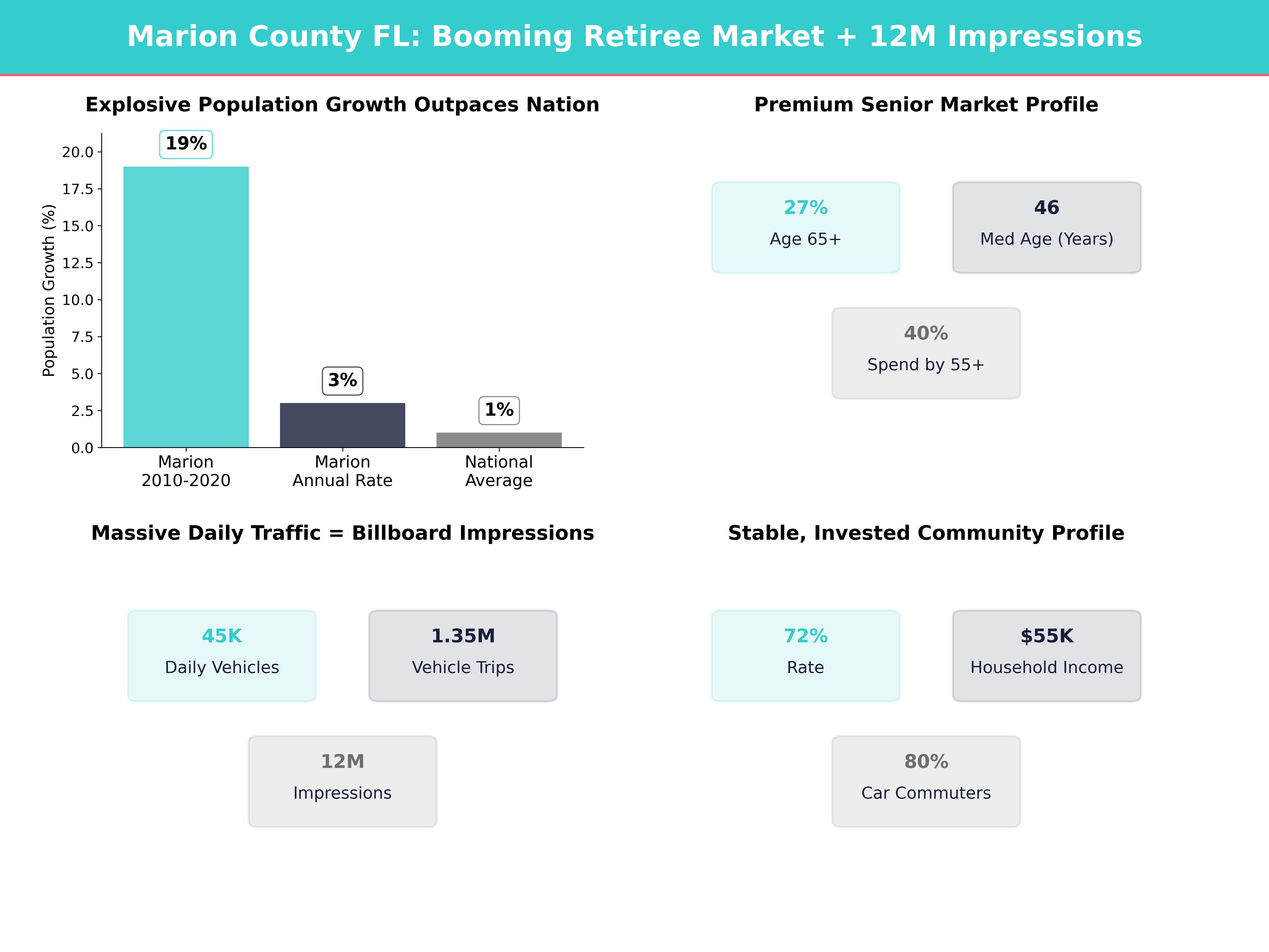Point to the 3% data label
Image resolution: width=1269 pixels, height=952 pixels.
tap(342, 381)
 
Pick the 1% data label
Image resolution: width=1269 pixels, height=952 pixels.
tap(499, 410)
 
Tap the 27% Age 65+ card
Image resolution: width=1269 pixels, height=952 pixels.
tap(806, 227)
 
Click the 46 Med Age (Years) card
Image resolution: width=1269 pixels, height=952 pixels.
tap(1046, 227)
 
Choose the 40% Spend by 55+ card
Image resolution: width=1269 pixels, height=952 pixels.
tap(926, 353)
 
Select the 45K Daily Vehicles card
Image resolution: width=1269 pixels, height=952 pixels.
tap(222, 655)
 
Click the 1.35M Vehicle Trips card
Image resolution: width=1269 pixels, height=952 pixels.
tap(463, 655)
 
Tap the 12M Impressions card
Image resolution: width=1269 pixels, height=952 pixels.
tap(342, 781)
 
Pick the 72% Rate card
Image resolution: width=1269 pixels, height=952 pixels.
tap(806, 655)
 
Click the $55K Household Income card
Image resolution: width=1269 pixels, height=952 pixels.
tap(1046, 655)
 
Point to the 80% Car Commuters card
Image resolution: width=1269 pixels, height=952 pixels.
tap(926, 781)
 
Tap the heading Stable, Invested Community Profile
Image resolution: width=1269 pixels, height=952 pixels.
tap(926, 533)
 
